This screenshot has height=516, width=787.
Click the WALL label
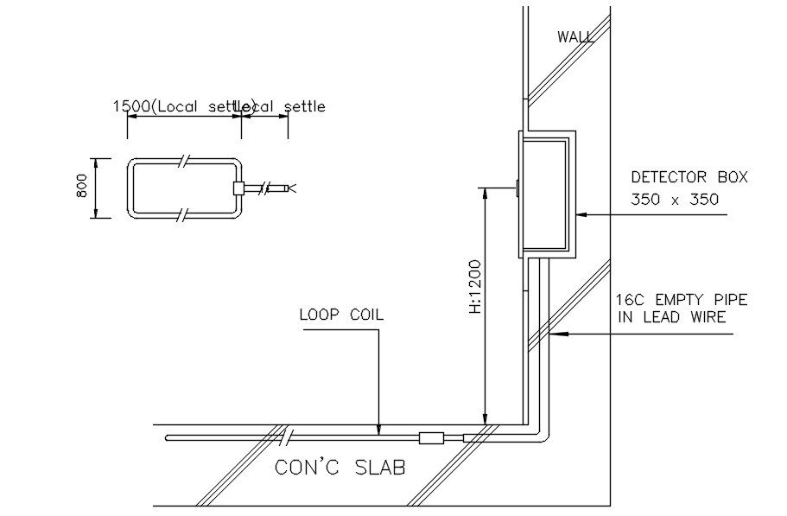click(574, 36)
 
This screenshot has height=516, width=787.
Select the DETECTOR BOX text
click(689, 177)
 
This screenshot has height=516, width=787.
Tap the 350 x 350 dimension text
click(675, 199)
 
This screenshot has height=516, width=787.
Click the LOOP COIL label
click(341, 315)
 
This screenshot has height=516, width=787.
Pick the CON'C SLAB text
click(340, 468)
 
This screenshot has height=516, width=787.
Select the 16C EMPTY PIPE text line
click(682, 300)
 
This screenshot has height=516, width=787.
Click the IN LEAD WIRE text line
click(671, 317)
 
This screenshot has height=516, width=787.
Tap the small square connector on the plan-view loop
click(238, 188)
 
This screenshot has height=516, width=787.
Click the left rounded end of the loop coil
click(170, 437)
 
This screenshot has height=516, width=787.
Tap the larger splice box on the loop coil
click(431, 438)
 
